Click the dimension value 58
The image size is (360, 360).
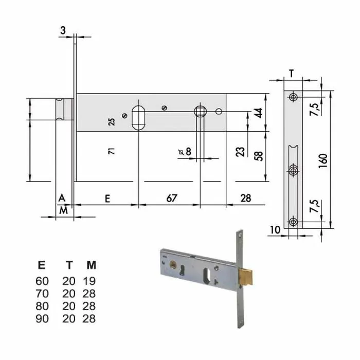pyautogui.click(x=259, y=156)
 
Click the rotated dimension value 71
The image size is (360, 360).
pyautogui.click(x=111, y=151)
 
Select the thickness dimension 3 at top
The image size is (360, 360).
pyautogui.click(x=63, y=31)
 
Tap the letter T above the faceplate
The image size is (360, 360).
pyautogui.click(x=291, y=74)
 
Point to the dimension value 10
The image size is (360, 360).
pyautogui.click(x=274, y=230)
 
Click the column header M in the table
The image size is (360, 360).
pyautogui.click(x=91, y=265)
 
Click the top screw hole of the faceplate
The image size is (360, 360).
pyautogui.click(x=293, y=97)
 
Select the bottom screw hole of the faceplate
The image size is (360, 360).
pyautogui.click(x=293, y=222)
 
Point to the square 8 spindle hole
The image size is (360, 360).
pyautogui.click(x=200, y=112)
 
